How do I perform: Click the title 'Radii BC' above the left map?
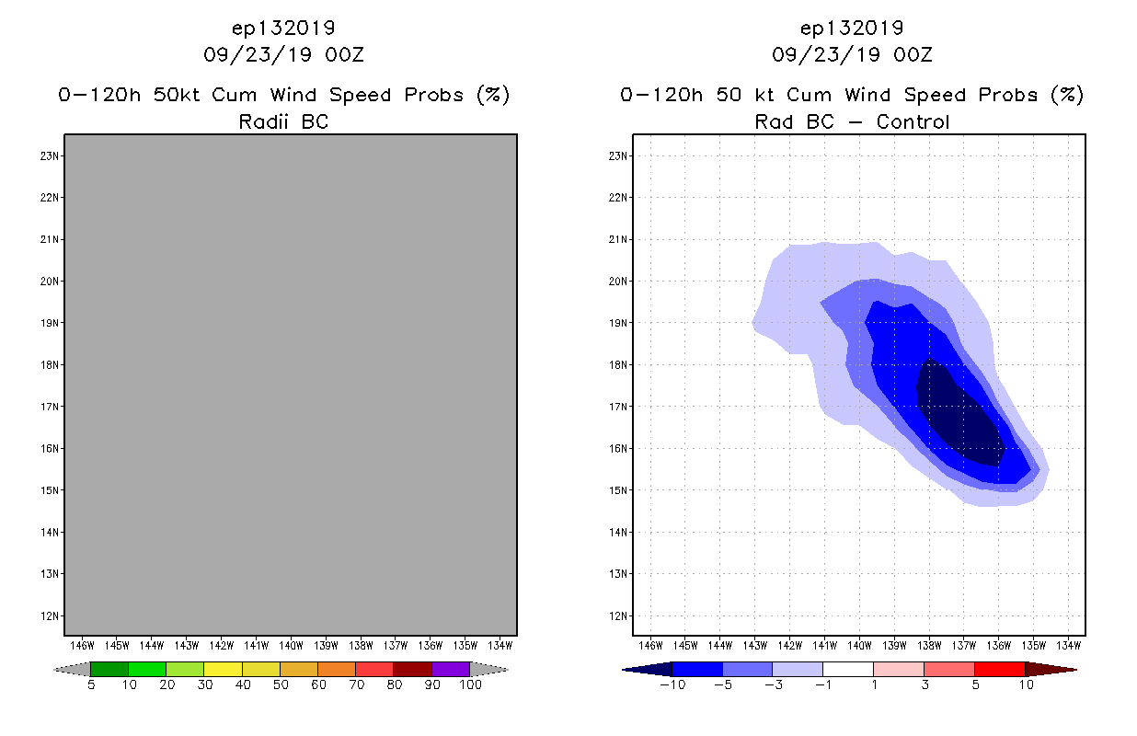click(283, 121)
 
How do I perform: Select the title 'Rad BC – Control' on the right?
click(852, 121)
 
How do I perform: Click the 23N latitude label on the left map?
click(50, 155)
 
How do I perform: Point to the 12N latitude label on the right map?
click(618, 615)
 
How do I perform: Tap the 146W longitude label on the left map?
click(82, 645)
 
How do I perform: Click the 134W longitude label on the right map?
click(1068, 645)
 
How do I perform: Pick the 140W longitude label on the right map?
click(859, 645)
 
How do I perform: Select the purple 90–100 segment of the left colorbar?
click(451, 669)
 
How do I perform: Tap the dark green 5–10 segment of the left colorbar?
click(109, 669)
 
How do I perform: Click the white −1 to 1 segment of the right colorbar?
click(848, 669)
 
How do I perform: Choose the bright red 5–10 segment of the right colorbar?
click(999, 669)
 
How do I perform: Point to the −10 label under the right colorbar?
click(672, 684)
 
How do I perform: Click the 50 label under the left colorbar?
click(281, 684)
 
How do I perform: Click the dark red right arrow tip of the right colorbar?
click(1049, 669)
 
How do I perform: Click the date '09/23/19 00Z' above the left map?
click(283, 54)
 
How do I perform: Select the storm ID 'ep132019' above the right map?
click(852, 28)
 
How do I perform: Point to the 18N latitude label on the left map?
click(50, 364)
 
